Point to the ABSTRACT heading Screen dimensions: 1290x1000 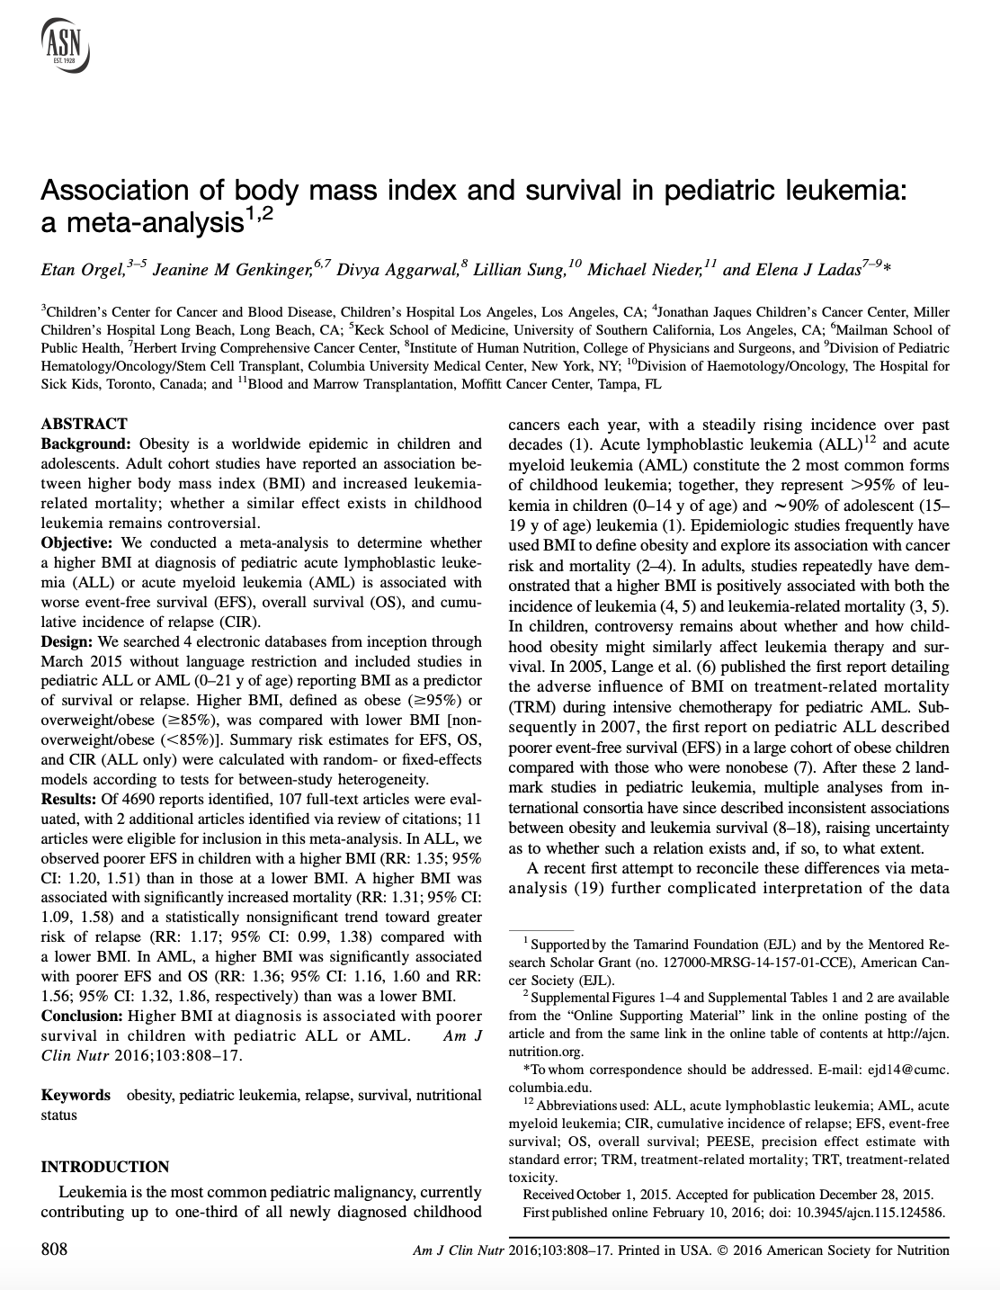tap(85, 424)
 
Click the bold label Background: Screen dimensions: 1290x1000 tap(87, 444)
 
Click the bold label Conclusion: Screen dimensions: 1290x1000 tap(82, 1016)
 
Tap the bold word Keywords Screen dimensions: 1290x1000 tap(76, 1096)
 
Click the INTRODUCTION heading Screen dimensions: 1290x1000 tap(105, 1168)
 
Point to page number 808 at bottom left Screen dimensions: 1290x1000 tap(54, 1250)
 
